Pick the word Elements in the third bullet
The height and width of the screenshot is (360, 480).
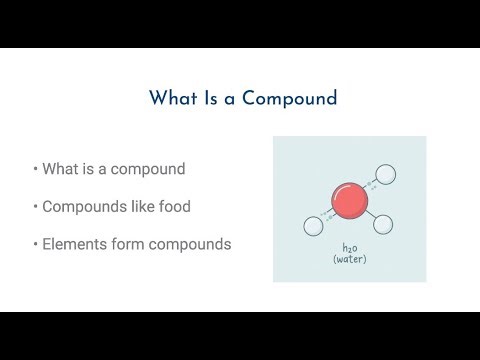coord(72,244)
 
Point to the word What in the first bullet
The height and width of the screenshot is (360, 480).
coord(61,168)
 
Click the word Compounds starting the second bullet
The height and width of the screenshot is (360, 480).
coord(90,206)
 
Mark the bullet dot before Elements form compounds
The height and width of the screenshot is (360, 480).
coord(35,244)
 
